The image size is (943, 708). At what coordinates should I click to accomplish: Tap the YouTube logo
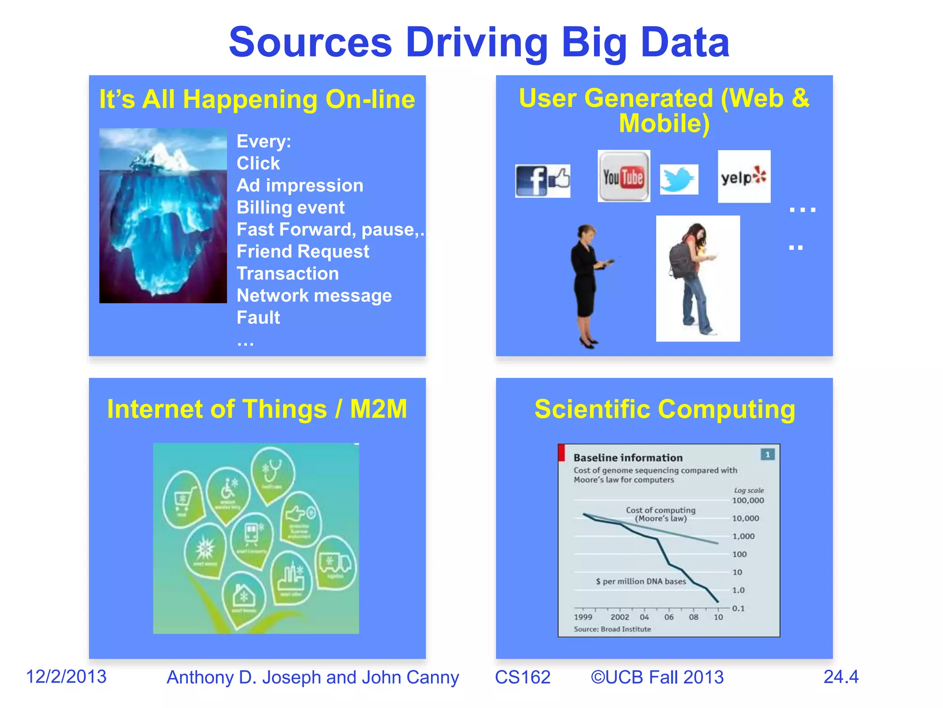coord(623,177)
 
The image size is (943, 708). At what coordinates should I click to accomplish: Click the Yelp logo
coord(744,177)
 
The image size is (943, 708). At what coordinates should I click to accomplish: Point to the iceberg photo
coord(163,216)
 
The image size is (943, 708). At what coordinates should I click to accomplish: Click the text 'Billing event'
coord(290,207)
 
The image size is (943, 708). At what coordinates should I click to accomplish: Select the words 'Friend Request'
coord(303,252)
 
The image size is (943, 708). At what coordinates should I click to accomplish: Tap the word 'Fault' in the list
coord(258,318)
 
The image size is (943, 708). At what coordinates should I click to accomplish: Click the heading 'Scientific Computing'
coord(664,409)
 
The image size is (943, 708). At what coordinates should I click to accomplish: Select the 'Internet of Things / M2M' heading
coord(257,409)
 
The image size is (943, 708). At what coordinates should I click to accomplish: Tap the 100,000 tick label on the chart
coord(748,501)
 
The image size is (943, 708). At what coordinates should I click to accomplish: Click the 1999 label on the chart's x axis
coord(583,617)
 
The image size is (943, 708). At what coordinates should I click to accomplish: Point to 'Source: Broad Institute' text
coord(612,629)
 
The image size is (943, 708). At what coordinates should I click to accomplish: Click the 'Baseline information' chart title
coord(628,458)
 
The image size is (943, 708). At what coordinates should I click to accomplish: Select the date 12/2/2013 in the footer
coord(66,677)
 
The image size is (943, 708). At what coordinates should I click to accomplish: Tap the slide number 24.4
coord(841,677)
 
